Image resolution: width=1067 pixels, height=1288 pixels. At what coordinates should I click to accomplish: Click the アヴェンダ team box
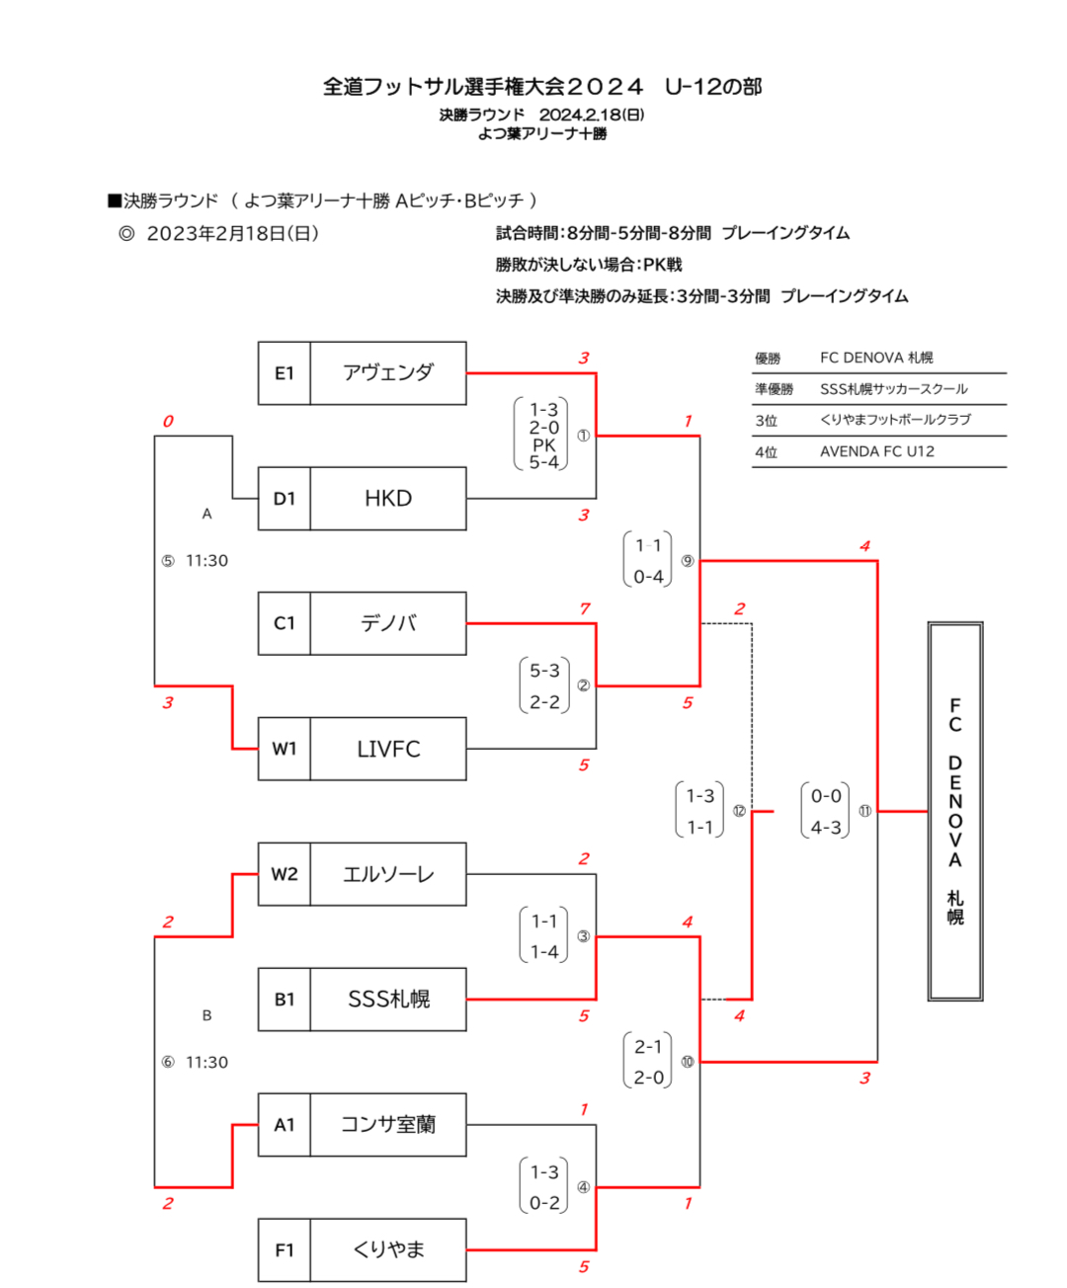(x=387, y=373)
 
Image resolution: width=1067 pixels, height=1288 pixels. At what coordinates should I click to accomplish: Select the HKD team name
(x=387, y=499)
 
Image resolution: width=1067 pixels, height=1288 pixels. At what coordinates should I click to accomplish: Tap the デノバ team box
(x=387, y=623)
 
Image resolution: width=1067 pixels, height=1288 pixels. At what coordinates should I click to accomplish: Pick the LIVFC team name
(x=387, y=749)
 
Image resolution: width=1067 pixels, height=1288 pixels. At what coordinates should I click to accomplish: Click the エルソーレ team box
(x=387, y=874)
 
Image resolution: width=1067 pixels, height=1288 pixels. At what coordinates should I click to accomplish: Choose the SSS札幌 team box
(x=387, y=1000)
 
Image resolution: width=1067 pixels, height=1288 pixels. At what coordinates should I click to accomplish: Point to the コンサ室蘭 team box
(x=387, y=1125)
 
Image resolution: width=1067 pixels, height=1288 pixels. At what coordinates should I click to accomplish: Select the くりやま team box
(x=387, y=1249)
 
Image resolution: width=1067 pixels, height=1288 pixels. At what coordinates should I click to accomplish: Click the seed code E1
(x=285, y=373)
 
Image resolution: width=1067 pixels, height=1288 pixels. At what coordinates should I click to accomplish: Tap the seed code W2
(x=285, y=874)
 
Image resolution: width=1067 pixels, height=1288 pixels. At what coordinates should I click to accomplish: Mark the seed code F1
(x=285, y=1249)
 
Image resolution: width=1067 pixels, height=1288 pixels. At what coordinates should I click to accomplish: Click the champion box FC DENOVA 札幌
(x=954, y=811)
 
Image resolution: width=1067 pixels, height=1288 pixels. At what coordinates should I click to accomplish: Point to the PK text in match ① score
(x=543, y=445)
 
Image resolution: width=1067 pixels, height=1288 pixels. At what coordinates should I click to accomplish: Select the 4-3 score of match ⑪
(x=826, y=828)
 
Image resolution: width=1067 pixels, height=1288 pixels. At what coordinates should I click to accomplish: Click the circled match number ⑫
(x=739, y=811)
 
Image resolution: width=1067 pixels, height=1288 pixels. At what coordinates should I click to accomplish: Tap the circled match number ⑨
(x=687, y=561)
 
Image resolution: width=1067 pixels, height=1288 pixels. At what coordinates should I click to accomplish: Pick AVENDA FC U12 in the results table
(x=876, y=451)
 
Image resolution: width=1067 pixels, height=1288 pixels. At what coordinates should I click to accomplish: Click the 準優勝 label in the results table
(x=774, y=389)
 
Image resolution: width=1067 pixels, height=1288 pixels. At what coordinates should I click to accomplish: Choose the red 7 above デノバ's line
(x=584, y=608)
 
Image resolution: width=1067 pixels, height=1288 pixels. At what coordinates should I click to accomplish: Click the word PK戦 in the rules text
(x=662, y=265)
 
